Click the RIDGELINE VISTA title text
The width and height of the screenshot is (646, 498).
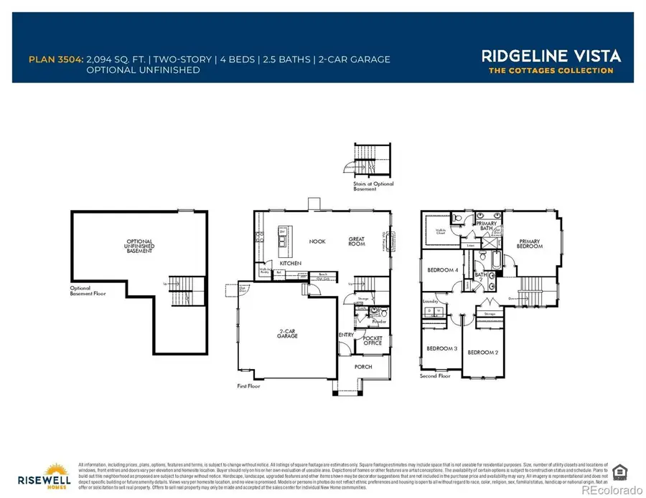551,55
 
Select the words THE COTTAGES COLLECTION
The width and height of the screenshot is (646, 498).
551,70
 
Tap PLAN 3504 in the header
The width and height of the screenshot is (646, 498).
55,59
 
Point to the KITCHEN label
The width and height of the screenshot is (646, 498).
290,264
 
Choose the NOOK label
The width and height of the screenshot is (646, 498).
317,241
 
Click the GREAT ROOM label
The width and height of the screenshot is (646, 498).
357,241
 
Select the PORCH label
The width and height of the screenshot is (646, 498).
363,367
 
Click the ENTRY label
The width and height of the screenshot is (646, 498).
345,335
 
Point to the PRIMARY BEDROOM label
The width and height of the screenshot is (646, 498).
530,243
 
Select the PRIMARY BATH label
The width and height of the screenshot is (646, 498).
485,226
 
